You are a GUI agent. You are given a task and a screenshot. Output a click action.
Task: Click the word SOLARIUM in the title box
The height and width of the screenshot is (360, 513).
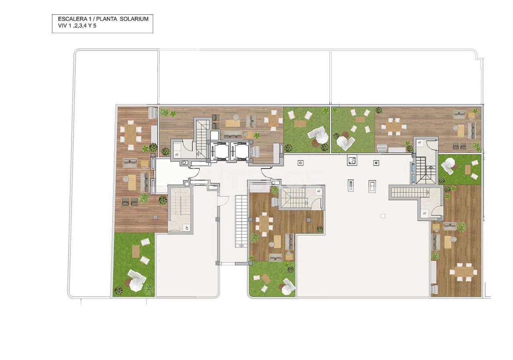[x=135, y=19]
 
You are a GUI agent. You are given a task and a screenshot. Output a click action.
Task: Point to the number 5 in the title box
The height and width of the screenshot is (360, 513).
[x=95, y=26]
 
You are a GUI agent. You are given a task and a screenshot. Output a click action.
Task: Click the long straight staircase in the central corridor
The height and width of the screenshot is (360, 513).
[x=241, y=221]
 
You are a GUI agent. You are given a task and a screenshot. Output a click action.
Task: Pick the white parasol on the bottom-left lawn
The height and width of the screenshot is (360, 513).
[x=135, y=284]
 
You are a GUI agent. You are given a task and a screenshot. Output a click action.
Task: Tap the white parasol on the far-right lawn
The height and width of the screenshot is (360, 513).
[x=448, y=163]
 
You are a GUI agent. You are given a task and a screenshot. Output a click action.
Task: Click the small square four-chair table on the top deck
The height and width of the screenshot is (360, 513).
[x=274, y=120]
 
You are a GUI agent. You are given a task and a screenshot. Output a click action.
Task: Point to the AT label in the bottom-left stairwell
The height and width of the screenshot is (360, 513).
[x=186, y=227]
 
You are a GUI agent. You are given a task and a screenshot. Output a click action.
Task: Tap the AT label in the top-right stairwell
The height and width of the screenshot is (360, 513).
[x=420, y=143]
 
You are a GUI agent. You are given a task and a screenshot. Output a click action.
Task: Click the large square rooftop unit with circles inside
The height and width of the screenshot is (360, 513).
[x=352, y=160]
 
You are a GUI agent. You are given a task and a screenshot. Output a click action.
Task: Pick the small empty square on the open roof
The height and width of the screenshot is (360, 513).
[x=383, y=216]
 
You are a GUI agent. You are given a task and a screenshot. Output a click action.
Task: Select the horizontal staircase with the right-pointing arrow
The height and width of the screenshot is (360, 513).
[x=405, y=193]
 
